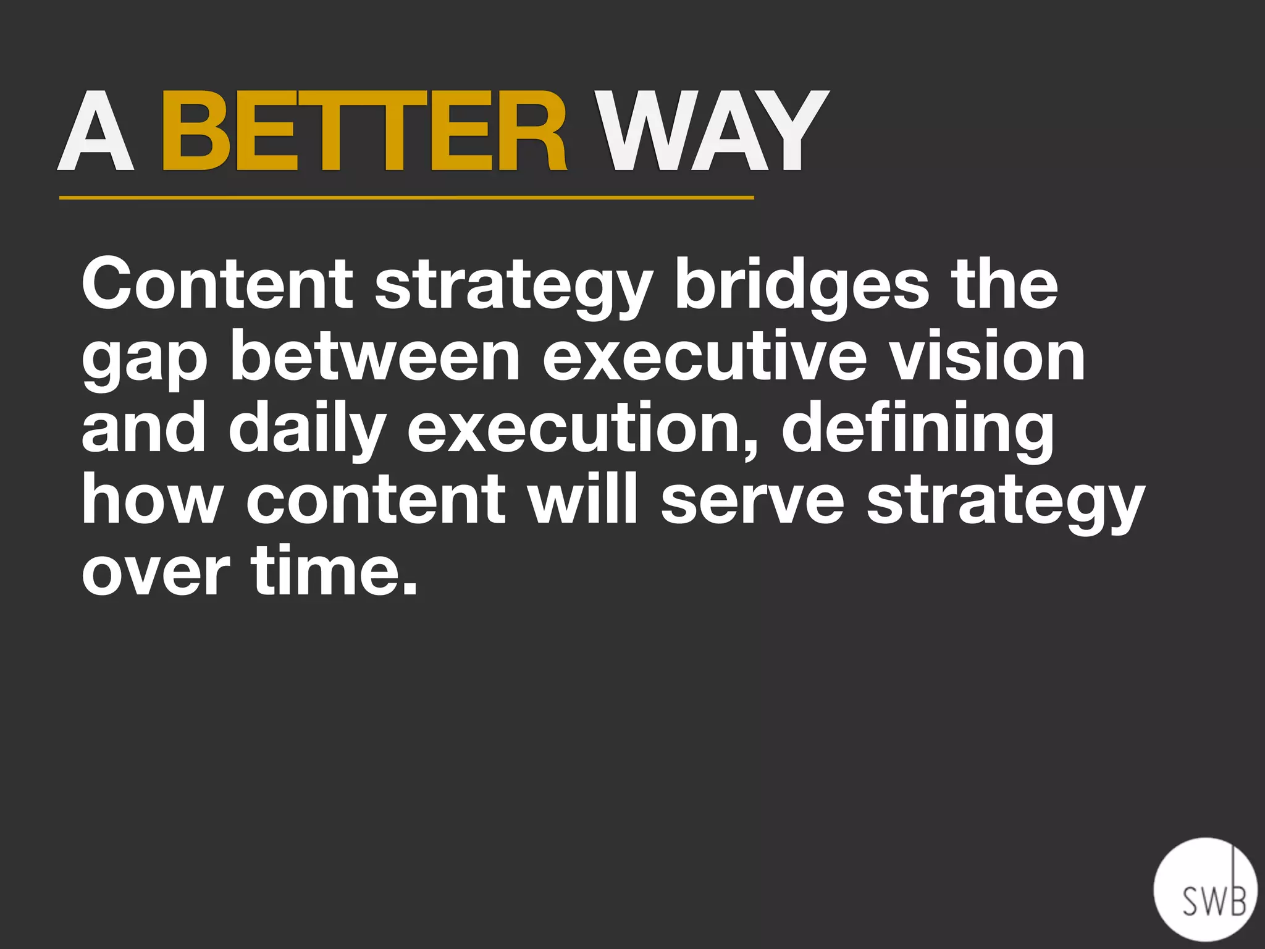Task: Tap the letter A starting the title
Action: [x=96, y=131]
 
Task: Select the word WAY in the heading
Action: [x=713, y=131]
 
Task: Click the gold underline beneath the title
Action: [x=406, y=198]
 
